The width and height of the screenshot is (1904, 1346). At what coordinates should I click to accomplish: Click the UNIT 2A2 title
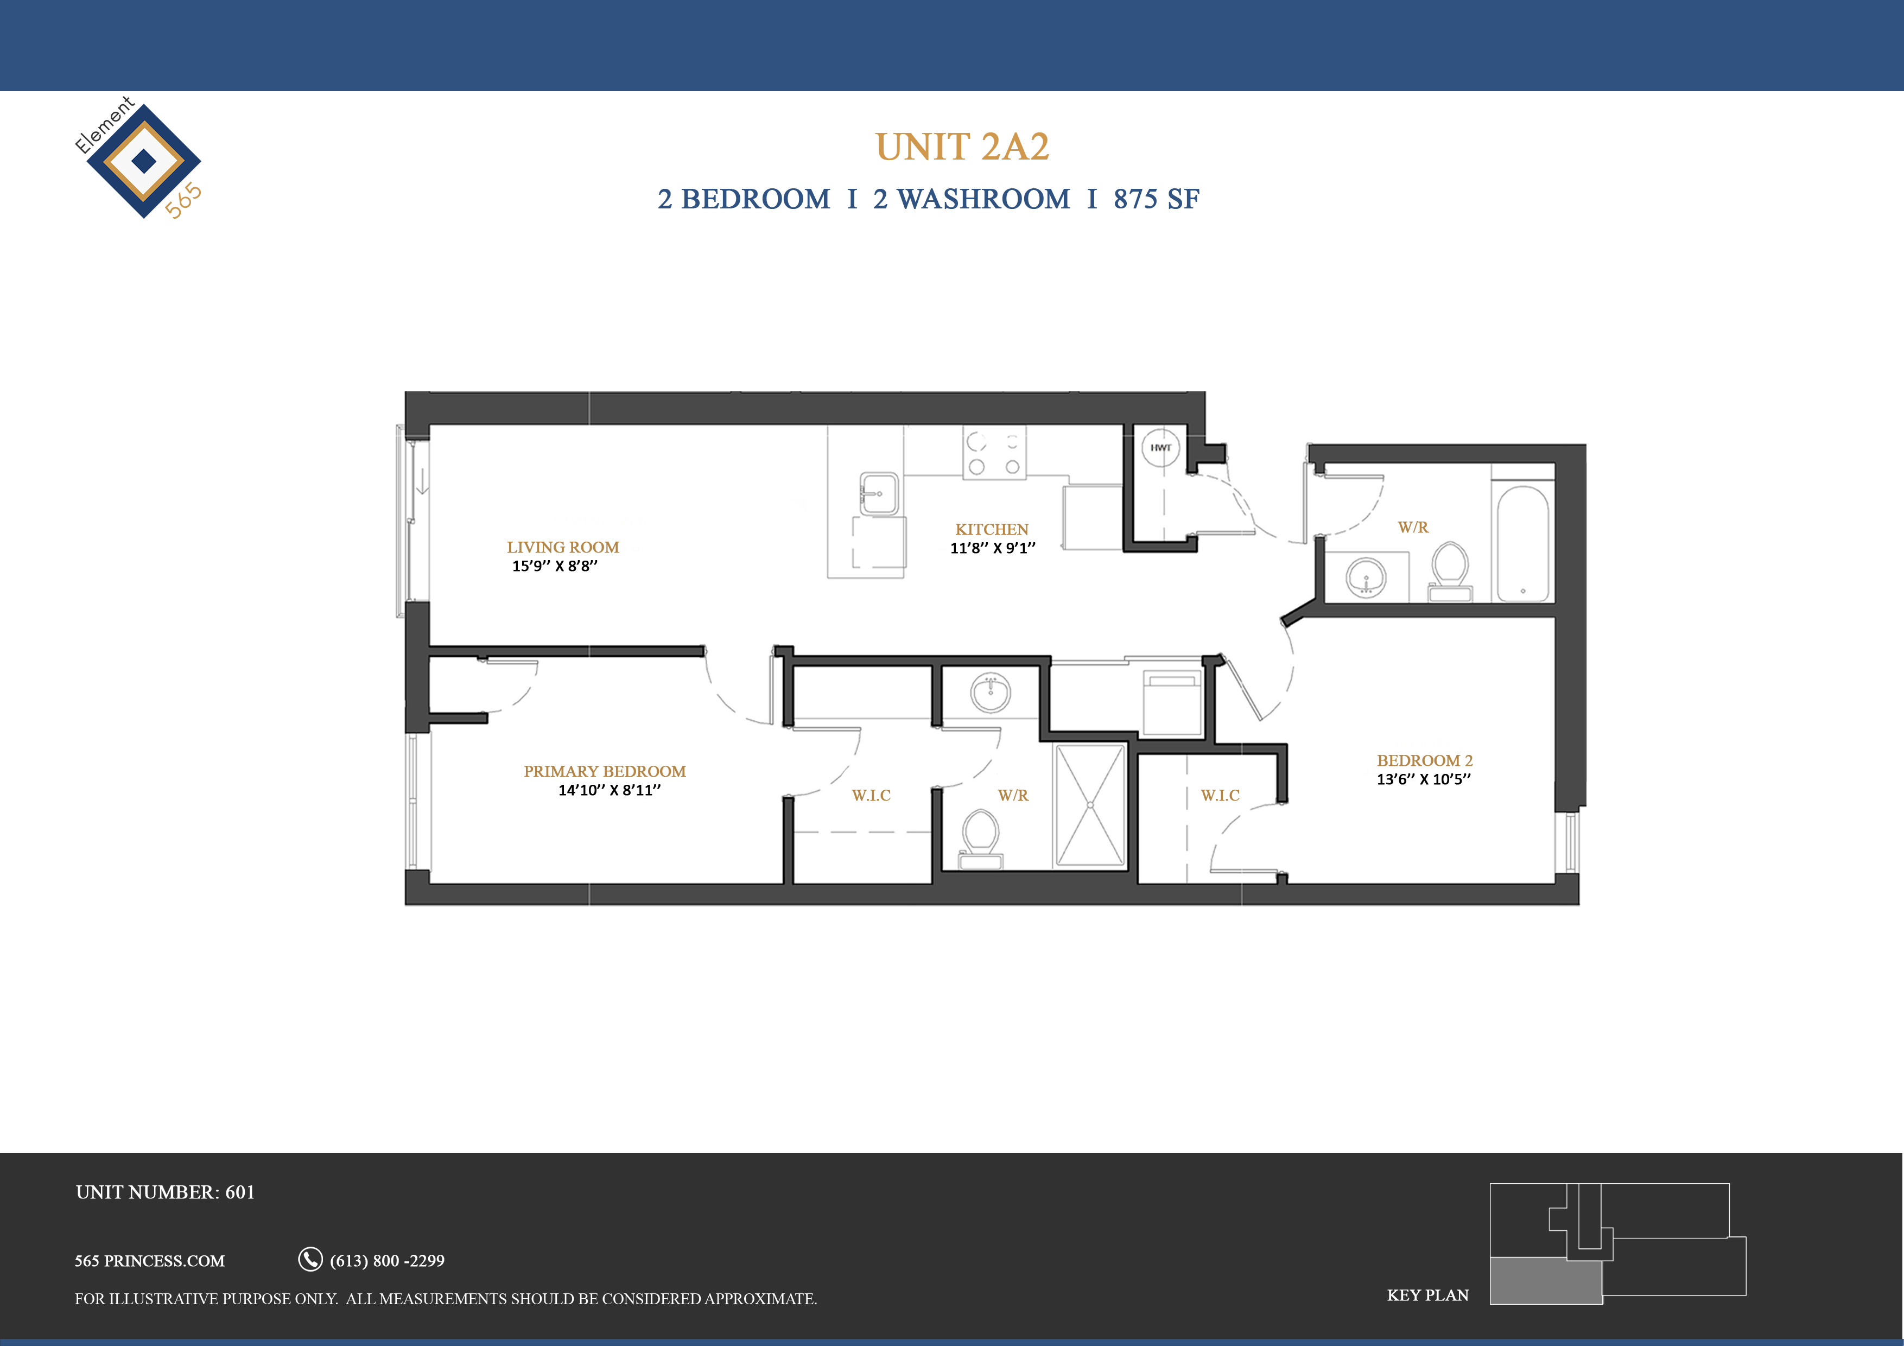pos(962,148)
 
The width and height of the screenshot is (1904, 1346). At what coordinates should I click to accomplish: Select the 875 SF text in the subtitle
pos(1156,199)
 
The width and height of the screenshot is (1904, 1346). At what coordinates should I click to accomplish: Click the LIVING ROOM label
pos(563,548)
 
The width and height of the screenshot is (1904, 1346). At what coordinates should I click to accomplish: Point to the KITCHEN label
pos(992,529)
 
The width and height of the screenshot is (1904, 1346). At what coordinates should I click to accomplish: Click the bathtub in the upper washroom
pos(1522,543)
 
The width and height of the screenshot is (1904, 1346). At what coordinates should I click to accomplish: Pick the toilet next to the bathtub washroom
pos(1450,570)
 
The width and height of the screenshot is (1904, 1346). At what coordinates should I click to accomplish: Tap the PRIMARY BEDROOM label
pos(605,771)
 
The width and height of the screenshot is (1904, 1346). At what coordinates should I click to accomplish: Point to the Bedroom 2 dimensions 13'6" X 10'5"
pos(1424,779)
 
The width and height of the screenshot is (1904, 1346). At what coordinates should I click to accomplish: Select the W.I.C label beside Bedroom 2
pos(1220,795)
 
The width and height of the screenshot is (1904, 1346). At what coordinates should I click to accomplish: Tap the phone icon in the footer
pos(310,1259)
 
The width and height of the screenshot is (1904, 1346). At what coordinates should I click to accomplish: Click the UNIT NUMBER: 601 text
pos(165,1192)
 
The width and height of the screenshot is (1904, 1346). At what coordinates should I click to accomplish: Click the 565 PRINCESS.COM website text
pos(149,1261)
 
